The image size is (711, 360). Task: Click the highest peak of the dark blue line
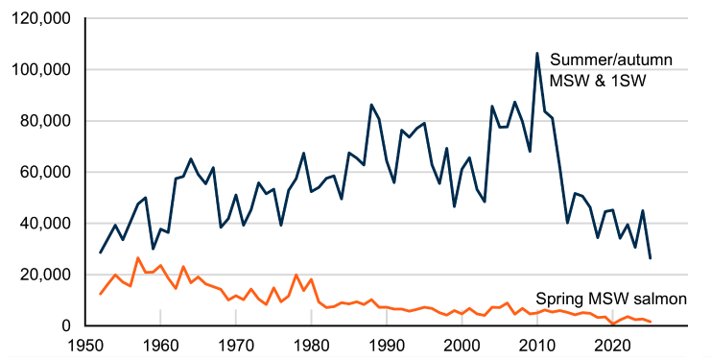click(537, 53)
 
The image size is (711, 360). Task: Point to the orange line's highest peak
click(138, 257)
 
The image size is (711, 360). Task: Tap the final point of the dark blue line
click(651, 258)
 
